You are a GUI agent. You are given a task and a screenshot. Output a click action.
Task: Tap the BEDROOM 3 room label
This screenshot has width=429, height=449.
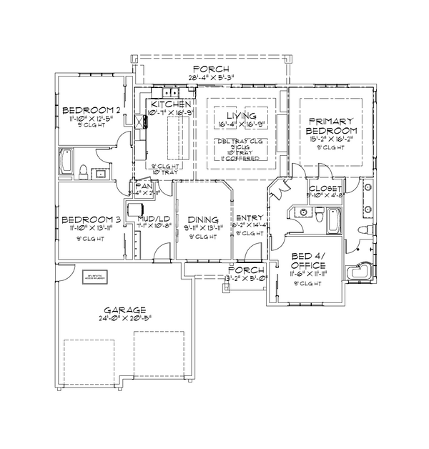pyautogui.click(x=90, y=219)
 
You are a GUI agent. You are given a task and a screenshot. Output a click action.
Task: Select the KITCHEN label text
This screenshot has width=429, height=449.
pyautogui.click(x=170, y=104)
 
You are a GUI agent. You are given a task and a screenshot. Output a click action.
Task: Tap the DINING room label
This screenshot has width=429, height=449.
pyautogui.click(x=202, y=219)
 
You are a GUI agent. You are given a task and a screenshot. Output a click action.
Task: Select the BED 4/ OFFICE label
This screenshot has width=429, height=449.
pyautogui.click(x=305, y=262)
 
